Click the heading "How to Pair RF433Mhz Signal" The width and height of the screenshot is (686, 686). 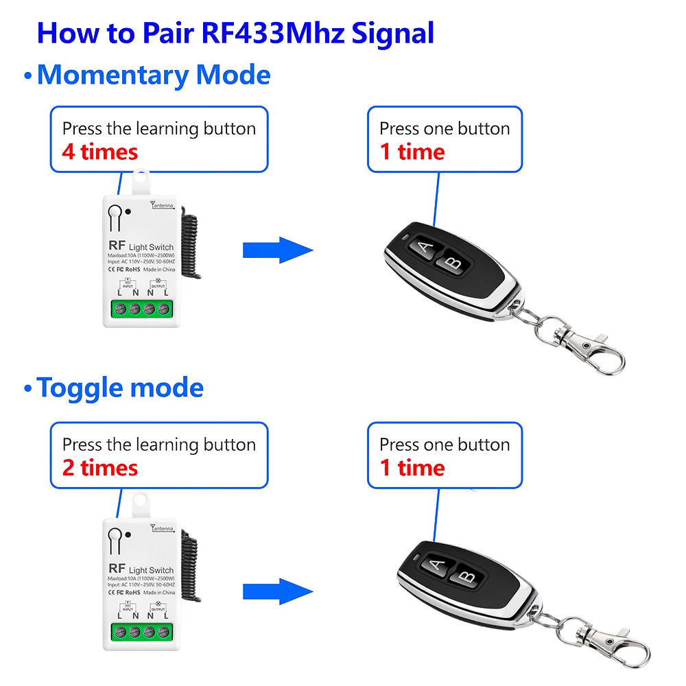235,32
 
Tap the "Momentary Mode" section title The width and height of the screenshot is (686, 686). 153,74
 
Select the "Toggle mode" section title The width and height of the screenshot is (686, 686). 120,388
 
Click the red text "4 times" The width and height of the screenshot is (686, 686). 100,152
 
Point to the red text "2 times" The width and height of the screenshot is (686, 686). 100,468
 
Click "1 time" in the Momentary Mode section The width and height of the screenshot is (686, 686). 412,152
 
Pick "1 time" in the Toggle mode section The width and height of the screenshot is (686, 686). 412,468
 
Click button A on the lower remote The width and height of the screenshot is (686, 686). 436,566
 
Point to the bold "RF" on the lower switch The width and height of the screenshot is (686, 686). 116,569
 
